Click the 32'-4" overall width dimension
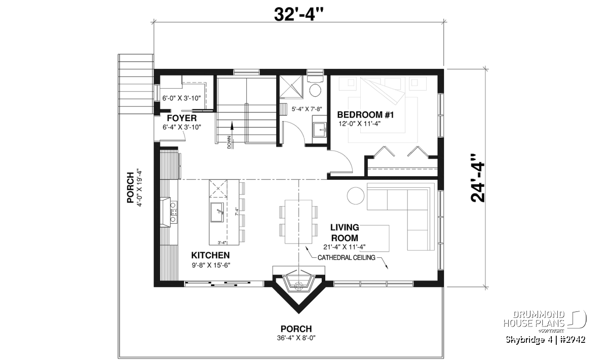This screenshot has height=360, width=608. (299, 14)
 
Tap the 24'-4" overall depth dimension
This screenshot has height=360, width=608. (477, 178)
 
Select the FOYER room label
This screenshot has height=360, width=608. (181, 118)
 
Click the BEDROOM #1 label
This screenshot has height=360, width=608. (365, 115)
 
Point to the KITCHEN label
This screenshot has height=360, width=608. (210, 255)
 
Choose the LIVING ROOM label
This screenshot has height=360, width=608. (345, 232)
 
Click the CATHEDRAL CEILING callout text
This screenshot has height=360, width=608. (347, 257)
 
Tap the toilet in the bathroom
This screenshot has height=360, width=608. (315, 86)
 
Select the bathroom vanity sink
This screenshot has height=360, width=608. (320, 130)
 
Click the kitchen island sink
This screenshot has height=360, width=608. (217, 212)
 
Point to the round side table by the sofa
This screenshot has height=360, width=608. (356, 195)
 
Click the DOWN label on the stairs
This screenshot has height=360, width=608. (230, 142)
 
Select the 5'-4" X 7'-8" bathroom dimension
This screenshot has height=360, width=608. (307, 109)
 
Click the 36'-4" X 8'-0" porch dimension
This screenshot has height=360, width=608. (296, 338)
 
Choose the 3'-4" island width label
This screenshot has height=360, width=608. (222, 243)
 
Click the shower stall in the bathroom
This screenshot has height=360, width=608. (291, 87)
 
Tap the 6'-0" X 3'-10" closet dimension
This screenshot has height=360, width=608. (181, 98)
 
